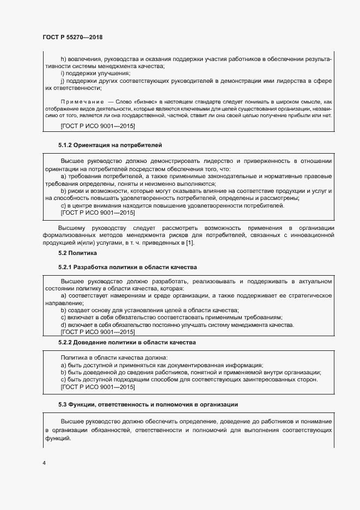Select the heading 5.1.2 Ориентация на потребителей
click(x=110, y=145)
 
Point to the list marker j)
click(x=63, y=81)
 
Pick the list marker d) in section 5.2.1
click(x=64, y=325)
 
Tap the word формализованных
click(x=72, y=235)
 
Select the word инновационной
click(x=308, y=235)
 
